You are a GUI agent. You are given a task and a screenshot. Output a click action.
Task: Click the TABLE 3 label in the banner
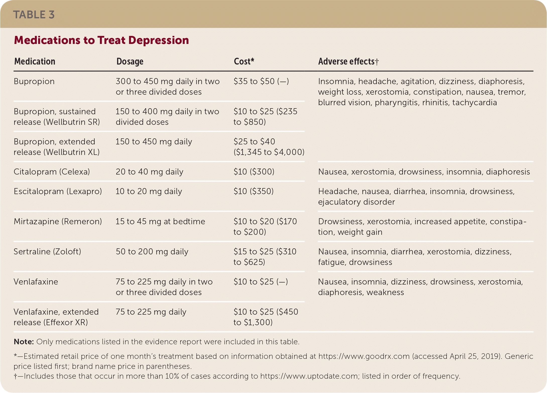[x=34, y=15]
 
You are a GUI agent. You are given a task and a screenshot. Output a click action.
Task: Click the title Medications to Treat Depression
[x=101, y=40]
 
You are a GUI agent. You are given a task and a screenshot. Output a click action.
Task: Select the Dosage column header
[x=130, y=62]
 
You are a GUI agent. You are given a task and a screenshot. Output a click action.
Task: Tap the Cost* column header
[x=244, y=62]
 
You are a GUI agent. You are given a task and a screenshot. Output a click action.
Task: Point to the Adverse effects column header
[x=348, y=62]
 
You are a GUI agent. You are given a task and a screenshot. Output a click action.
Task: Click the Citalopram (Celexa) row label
[x=52, y=172]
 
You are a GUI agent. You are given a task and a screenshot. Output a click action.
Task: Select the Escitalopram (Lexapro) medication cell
[x=58, y=191]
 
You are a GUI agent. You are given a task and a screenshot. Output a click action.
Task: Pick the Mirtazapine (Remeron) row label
[x=58, y=221]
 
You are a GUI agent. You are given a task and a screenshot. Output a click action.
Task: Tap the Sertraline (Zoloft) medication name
[x=47, y=252]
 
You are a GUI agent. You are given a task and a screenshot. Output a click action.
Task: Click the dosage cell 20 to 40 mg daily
[x=149, y=172]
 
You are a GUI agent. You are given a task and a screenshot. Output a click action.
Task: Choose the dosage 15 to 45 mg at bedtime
[x=160, y=221]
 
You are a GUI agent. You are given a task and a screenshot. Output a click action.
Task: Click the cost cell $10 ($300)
[x=254, y=172]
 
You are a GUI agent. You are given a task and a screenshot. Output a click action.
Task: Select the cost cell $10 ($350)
[x=254, y=191]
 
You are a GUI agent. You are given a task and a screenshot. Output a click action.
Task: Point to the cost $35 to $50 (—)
[x=261, y=81]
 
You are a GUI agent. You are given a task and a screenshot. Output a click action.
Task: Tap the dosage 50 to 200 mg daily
[x=152, y=252]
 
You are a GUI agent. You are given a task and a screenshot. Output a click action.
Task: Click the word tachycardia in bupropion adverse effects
[x=474, y=102]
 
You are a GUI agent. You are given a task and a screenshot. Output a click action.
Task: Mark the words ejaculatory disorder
[x=356, y=202]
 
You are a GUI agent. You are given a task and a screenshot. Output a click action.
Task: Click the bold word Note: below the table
[x=24, y=342]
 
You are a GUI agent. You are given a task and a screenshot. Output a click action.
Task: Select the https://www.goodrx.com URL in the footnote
[x=364, y=356]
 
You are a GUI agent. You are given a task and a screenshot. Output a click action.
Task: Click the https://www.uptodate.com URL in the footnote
[x=309, y=376]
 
